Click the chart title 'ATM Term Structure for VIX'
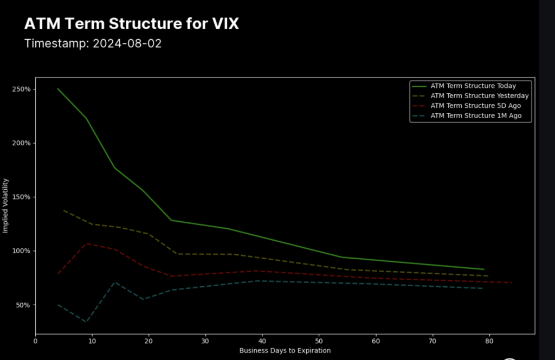click(131, 24)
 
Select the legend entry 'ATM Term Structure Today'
click(473, 86)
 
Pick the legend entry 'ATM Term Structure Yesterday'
click(479, 96)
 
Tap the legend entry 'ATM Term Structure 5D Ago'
click(475, 106)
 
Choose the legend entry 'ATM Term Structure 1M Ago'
click(475, 116)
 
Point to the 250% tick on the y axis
click(22, 89)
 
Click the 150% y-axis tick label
click(22, 197)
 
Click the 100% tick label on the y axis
click(22, 251)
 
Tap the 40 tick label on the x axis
click(262, 341)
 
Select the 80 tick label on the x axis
click(489, 341)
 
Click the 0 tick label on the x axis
click(36, 341)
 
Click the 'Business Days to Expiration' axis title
click(285, 351)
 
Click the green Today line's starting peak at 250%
click(58, 88)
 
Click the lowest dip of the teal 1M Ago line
click(86, 322)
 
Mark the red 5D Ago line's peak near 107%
click(86, 243)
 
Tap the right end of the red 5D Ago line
click(512, 282)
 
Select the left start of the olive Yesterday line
click(64, 210)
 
